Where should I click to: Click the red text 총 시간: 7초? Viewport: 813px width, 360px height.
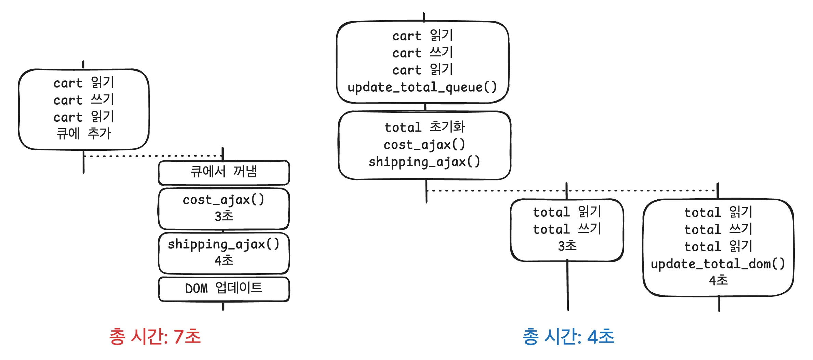(x=155, y=336)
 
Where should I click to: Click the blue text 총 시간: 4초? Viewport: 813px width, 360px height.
(x=568, y=336)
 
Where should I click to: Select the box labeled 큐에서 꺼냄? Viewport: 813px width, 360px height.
(x=224, y=172)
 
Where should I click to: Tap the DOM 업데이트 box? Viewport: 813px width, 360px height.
(x=224, y=288)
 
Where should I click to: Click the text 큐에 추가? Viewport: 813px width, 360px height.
(x=84, y=133)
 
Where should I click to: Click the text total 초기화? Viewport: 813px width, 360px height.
(x=424, y=127)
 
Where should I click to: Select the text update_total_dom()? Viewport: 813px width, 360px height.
(x=718, y=264)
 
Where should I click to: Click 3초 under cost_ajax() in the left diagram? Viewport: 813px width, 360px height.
(x=224, y=216)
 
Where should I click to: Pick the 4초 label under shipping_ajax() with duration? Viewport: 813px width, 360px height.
(x=224, y=261)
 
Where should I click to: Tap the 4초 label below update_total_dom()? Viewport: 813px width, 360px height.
(x=718, y=280)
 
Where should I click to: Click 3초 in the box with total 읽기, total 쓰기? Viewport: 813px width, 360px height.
(x=567, y=246)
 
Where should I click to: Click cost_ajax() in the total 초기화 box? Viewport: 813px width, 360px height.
(x=424, y=145)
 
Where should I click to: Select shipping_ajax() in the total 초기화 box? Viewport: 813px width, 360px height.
(x=424, y=161)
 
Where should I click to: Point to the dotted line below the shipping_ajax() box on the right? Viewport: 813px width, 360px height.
(x=571, y=190)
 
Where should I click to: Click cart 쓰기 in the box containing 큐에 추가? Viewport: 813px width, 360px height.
(x=84, y=100)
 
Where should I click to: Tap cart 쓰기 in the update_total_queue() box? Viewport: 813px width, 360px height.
(x=423, y=53)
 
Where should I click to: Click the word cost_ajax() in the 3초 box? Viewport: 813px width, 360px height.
(x=223, y=200)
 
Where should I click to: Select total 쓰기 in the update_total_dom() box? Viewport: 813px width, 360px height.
(x=718, y=229)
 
